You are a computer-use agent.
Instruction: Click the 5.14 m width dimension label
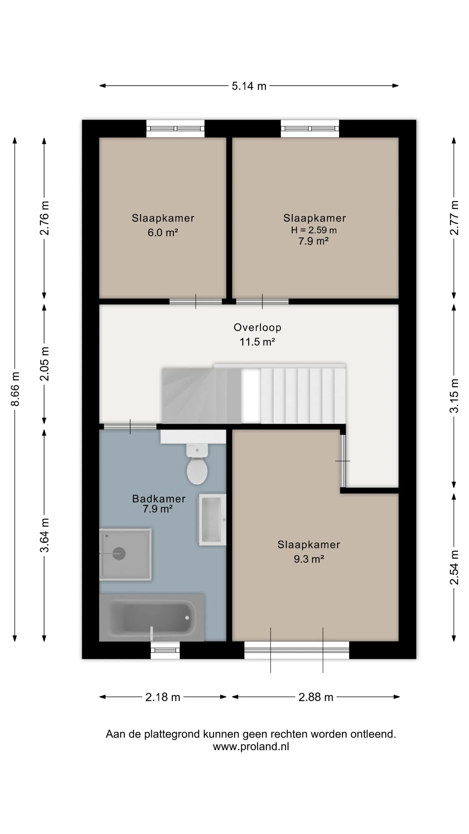[x=249, y=86]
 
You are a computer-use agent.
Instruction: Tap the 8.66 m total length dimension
[x=15, y=389]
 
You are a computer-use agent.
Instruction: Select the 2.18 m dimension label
[x=163, y=697]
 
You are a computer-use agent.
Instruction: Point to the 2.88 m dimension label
[x=316, y=697]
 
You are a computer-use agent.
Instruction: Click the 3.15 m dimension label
[x=454, y=396]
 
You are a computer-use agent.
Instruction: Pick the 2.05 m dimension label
[x=44, y=364]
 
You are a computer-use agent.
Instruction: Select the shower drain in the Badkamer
[x=119, y=553]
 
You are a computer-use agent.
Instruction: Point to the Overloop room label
[x=257, y=327]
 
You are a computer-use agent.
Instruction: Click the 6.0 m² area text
[x=163, y=232]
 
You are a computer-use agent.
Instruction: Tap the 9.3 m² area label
[x=309, y=559]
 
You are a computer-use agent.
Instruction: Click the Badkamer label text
[x=159, y=499]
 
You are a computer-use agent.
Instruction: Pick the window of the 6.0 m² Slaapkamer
[x=175, y=129]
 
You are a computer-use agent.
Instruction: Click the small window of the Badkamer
[x=165, y=650]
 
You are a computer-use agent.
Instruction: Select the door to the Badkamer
[x=130, y=426]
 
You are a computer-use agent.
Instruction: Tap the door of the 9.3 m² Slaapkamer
[x=343, y=461]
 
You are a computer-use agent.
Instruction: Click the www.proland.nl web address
[x=251, y=746]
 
